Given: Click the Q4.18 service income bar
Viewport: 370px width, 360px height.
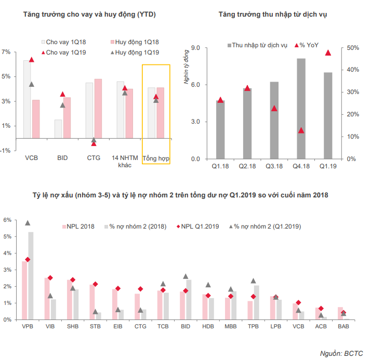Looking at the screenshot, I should (301, 109).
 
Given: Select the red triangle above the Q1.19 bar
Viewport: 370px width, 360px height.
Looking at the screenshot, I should (328, 52).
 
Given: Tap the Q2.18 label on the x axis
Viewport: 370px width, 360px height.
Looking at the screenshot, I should (247, 166).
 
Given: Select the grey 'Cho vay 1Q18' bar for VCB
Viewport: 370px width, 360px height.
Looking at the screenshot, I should (27, 99).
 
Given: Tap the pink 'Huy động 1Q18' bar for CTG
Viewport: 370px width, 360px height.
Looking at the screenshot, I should (98, 109).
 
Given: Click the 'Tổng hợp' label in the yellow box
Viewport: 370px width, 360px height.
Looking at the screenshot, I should (156, 157).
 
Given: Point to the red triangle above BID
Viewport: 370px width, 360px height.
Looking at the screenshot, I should (63, 94).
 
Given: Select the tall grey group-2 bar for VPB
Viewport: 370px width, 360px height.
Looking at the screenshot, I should (31, 275).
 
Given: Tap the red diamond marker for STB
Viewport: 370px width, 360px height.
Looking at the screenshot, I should (95, 284).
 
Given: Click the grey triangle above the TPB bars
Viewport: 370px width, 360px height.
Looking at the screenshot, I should (254, 281).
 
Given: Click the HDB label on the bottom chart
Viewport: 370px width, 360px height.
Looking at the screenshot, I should (208, 327).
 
